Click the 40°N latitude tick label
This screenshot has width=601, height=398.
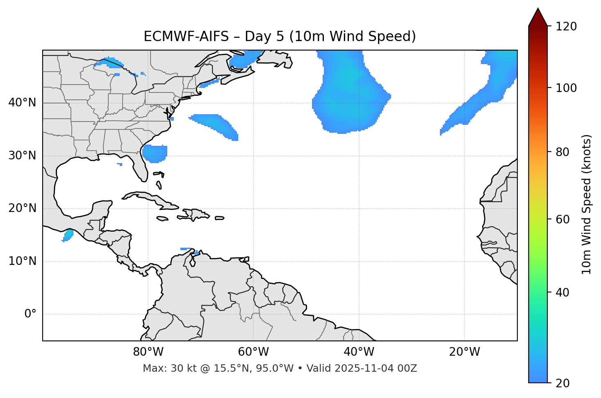point(22,103)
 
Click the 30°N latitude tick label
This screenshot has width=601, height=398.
point(22,156)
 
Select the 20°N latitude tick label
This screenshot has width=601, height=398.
point(22,208)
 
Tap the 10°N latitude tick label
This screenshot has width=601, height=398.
point(22,261)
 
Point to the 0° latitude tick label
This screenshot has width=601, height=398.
point(30,314)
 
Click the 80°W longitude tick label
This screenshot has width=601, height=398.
point(148,352)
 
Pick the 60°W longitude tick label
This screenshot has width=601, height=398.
point(253,352)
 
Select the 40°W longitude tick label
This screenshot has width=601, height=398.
point(359,352)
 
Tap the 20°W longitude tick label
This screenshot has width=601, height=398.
point(464,352)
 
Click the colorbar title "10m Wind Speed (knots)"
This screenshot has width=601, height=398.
point(587,204)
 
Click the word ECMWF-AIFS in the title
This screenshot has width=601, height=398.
point(186,37)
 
